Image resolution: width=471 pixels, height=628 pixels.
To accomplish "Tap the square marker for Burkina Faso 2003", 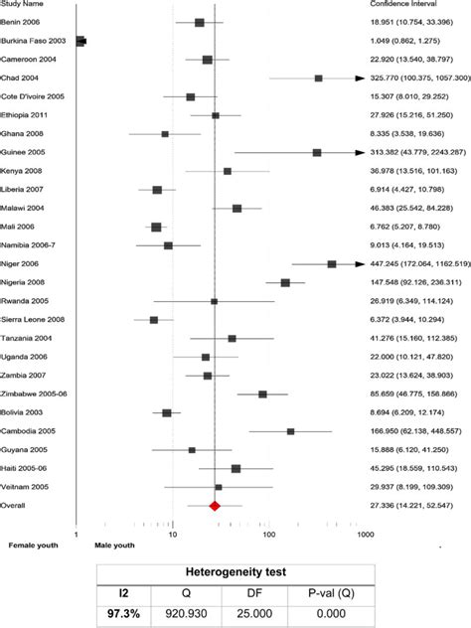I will click(x=80, y=41).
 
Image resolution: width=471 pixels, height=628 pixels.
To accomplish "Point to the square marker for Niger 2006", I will click(x=332, y=264).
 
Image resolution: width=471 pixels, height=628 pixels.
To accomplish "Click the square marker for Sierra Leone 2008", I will click(x=153, y=320).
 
